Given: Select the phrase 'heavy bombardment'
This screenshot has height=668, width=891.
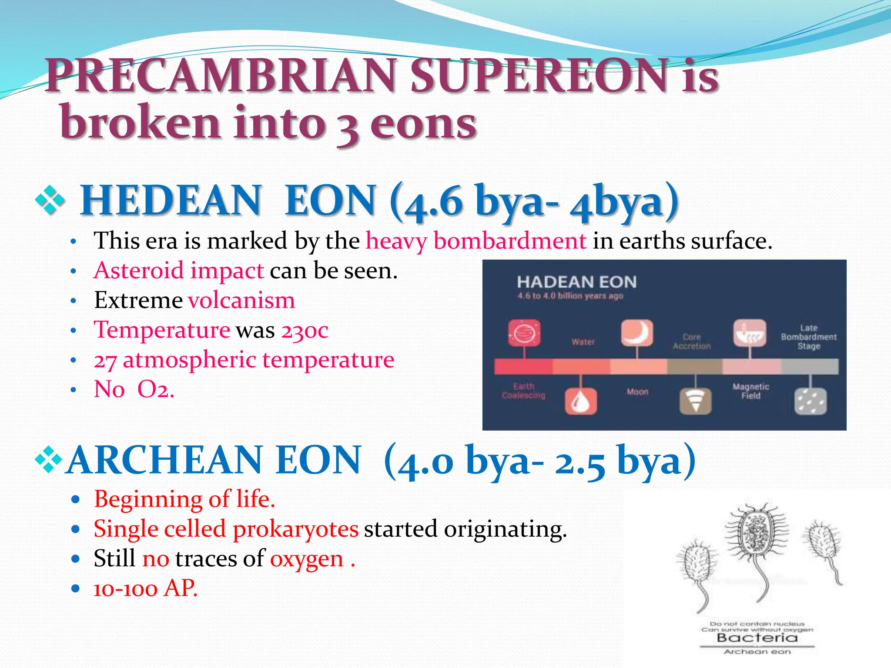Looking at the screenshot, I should coord(476,241).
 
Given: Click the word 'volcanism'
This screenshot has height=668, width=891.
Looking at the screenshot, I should coord(241,301).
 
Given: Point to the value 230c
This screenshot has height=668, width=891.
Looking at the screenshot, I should coord(305,330).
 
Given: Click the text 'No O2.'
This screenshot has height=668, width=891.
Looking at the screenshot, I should coord(134,389).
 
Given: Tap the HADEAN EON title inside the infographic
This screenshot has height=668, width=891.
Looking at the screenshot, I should coord(576,282).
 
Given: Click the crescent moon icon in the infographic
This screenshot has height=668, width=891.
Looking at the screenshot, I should coord(636,333).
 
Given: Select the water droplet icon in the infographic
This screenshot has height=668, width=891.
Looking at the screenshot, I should coord(580,401).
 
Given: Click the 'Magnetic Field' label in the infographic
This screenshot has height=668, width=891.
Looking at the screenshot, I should coord(750,391).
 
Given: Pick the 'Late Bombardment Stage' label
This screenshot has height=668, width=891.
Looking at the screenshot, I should coord(808,337).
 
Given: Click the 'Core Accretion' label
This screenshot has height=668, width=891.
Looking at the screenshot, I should coord(691,341).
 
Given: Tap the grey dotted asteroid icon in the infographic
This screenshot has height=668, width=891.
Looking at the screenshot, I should coord(810,401).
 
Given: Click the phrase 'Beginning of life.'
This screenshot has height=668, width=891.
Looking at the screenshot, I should coord(184,499).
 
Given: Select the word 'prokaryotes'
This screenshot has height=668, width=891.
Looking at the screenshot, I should coord(295,529).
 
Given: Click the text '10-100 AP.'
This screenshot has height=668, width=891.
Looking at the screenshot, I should coord(145,588).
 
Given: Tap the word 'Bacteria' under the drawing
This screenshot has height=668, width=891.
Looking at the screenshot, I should coord(757,638).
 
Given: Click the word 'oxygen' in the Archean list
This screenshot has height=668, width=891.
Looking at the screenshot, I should coord(307,559).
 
